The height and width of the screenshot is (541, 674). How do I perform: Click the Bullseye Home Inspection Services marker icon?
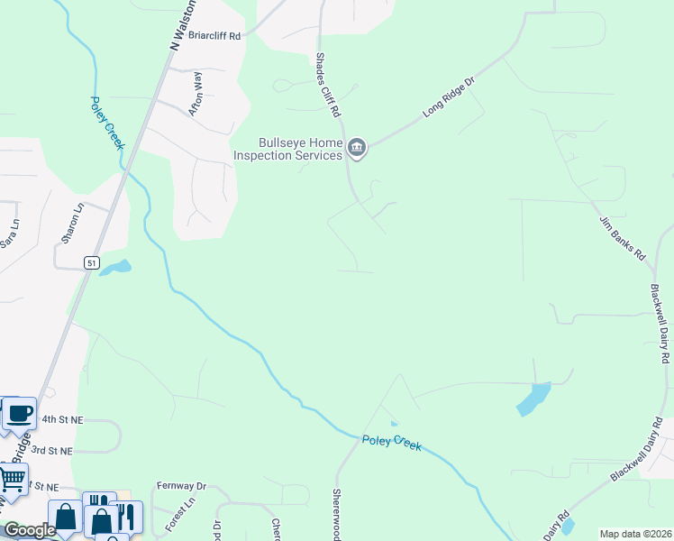357,149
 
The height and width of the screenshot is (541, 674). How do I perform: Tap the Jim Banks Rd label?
623,238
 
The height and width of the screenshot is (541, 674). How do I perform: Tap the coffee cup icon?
19,414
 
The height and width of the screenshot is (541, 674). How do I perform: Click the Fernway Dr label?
181,485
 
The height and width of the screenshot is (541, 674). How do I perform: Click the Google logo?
30,530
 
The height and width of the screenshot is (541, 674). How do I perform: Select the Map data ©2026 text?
634,534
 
